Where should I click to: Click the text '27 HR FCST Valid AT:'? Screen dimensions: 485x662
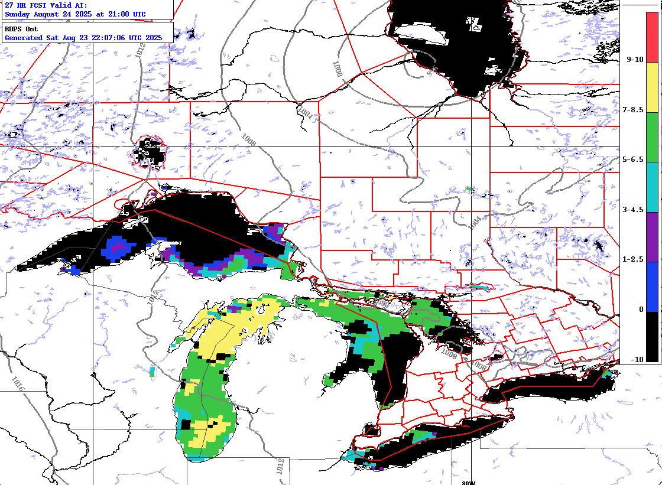click(x=46, y=5)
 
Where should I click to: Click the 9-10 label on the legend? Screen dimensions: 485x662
click(x=635, y=60)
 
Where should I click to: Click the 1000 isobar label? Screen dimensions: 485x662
click(x=336, y=69)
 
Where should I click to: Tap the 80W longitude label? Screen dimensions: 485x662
click(x=469, y=482)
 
